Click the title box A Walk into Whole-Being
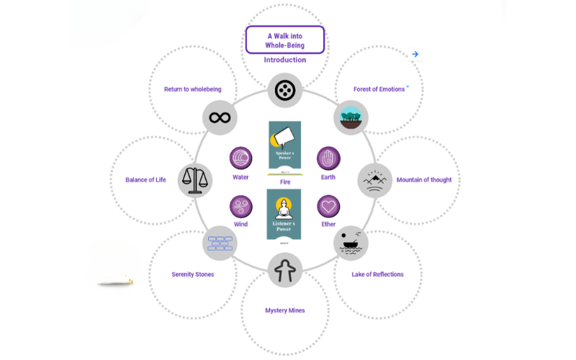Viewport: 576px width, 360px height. click(x=285, y=40)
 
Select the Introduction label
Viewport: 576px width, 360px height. click(x=285, y=60)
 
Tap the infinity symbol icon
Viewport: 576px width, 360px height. click(x=220, y=117)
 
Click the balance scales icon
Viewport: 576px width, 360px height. click(x=194, y=179)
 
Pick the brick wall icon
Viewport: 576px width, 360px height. click(x=220, y=243)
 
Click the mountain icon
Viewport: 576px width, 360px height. click(x=375, y=180)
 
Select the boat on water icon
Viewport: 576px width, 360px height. click(x=351, y=243)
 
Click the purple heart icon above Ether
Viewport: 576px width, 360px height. click(x=328, y=207)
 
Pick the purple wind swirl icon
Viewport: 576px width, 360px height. click(x=240, y=207)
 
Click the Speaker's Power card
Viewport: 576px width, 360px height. click(x=284, y=148)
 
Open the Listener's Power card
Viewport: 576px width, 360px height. click(x=284, y=215)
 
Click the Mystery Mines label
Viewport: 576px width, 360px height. click(x=285, y=310)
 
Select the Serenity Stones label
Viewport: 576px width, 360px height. click(x=193, y=274)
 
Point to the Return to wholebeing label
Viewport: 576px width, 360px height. click(x=193, y=89)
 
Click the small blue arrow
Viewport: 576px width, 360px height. click(x=415, y=54)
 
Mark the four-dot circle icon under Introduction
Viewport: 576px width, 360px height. click(x=285, y=91)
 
